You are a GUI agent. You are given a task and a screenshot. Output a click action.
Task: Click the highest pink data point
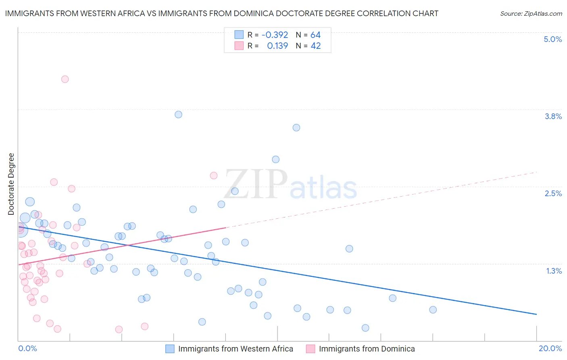(x=65, y=79)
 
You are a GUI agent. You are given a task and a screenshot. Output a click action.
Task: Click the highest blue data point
(x=178, y=115)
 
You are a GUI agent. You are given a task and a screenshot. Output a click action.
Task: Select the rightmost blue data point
(x=433, y=310)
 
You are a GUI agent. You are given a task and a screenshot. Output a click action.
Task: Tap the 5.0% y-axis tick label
(x=552, y=39)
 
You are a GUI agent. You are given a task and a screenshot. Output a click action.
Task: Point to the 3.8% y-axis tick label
(x=553, y=116)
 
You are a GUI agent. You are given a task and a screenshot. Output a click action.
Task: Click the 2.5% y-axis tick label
(x=553, y=193)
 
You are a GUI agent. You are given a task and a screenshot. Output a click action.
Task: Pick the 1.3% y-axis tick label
(x=554, y=271)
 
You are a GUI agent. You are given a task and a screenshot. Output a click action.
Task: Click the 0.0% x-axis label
(x=27, y=348)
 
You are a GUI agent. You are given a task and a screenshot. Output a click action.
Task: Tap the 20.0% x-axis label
(x=550, y=348)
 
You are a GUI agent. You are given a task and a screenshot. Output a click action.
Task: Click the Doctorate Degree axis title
(x=11, y=184)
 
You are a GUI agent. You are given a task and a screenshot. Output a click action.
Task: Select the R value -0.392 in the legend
(x=275, y=35)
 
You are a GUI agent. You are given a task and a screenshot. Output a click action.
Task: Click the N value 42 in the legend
(x=315, y=46)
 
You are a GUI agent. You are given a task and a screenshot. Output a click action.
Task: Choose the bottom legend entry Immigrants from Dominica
(x=367, y=349)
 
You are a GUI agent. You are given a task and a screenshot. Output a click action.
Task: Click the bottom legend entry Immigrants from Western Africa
(x=236, y=349)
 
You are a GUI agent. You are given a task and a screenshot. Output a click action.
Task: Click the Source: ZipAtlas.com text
(x=531, y=14)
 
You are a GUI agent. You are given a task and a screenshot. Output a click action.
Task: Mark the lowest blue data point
(x=365, y=328)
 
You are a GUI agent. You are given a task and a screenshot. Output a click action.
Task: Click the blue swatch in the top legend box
(x=239, y=35)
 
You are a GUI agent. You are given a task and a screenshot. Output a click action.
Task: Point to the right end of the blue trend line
(x=536, y=314)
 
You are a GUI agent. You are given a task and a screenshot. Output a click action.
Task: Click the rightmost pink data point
(x=214, y=176)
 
